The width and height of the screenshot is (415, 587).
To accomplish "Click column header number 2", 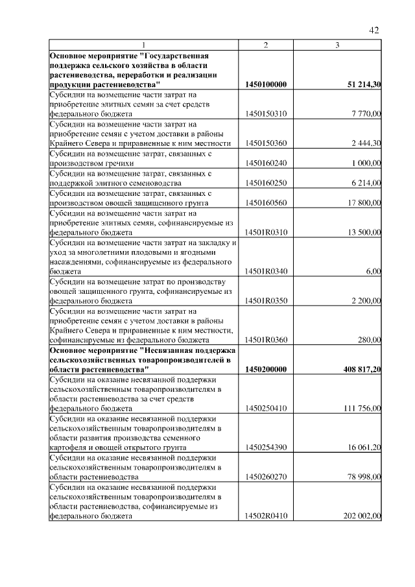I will coord(266,45).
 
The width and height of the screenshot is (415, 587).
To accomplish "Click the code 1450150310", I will coord(267,114).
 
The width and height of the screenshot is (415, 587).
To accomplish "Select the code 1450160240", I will coord(267,163).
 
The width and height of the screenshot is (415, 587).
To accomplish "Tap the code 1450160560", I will coord(267,203).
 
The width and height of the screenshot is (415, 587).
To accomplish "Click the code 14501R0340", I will coord(267,271).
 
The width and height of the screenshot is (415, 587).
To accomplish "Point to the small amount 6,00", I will coord(373,271).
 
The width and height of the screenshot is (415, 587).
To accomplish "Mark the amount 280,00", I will coord(369,339).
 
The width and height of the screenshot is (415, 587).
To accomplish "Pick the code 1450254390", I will coord(267,448).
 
